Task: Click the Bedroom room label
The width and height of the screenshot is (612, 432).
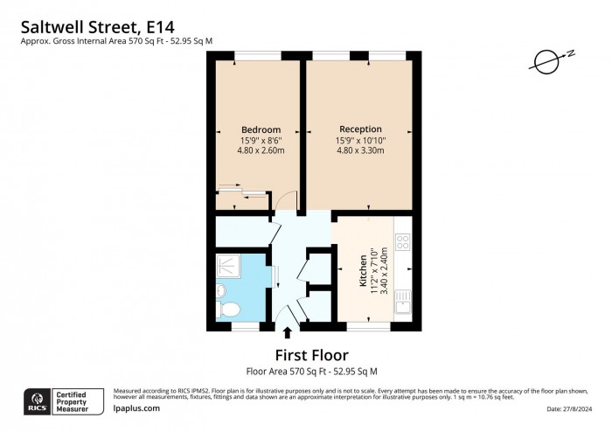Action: click(261, 129)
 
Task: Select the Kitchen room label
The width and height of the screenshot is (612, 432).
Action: click(364, 272)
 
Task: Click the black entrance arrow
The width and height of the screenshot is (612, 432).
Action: click(289, 331)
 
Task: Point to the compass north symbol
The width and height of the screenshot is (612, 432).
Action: click(546, 61)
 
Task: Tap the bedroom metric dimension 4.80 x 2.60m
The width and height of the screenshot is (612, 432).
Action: click(261, 150)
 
